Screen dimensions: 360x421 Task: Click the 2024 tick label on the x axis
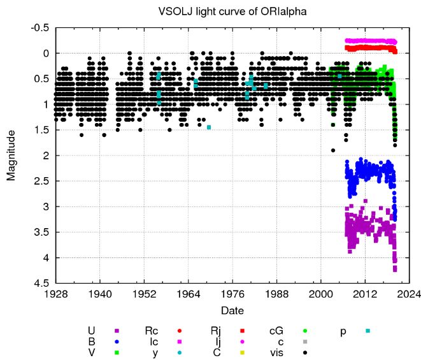click(408, 294)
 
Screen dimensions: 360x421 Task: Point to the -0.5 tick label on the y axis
click(40, 28)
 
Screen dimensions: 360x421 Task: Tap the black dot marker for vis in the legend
click(305, 352)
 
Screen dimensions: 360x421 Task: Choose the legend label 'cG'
click(277, 330)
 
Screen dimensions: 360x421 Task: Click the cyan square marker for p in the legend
click(367, 330)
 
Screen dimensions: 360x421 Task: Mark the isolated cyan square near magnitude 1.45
click(209, 127)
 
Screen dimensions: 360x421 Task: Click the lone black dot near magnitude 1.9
click(332, 150)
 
